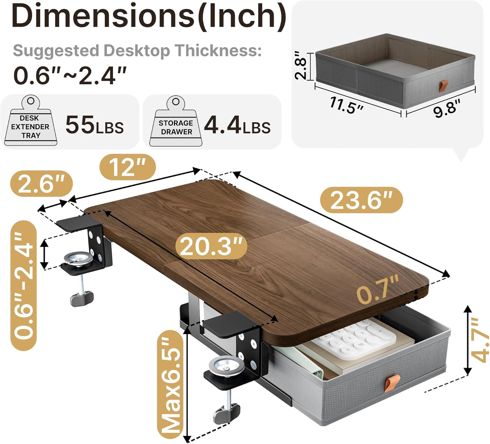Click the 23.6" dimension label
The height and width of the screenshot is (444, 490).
coord(361,200)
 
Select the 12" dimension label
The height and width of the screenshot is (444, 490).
coord(128,167)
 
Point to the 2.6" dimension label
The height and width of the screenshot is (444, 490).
coord(41,184)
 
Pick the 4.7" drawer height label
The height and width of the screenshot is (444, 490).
coord(481,340)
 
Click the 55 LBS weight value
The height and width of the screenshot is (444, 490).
coord(94,126)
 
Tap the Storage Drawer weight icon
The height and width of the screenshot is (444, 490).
coord(176,123)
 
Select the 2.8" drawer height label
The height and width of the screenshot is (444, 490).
coord(300,66)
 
